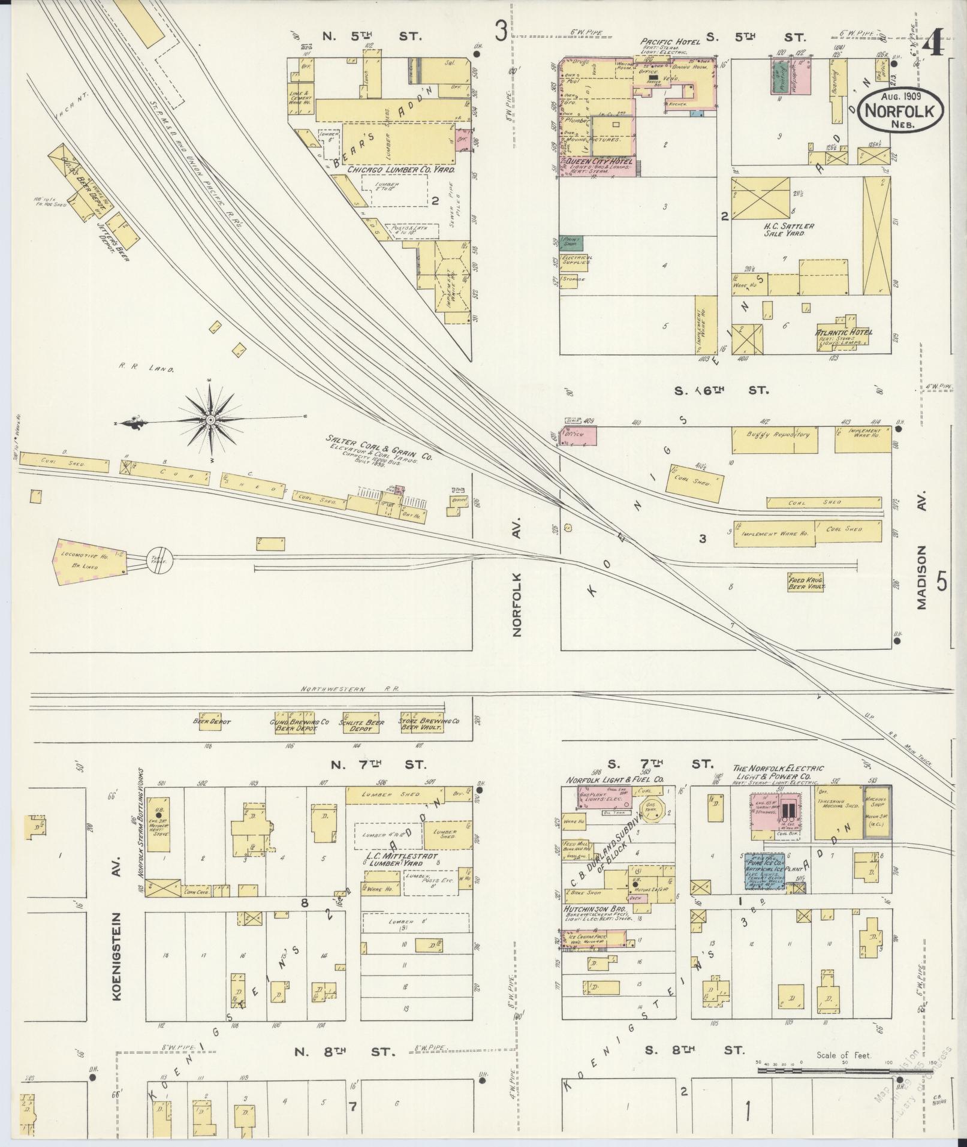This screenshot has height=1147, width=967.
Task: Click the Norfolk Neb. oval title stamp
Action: (902, 110)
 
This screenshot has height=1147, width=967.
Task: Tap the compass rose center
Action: (211, 421)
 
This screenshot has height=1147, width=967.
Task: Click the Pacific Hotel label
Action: (670, 41)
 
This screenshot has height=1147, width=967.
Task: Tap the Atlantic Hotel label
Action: (844, 332)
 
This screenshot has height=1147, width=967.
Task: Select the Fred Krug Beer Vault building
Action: (805, 582)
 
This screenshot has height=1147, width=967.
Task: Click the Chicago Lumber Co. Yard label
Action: (400, 170)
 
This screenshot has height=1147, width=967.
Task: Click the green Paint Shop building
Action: (571, 243)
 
